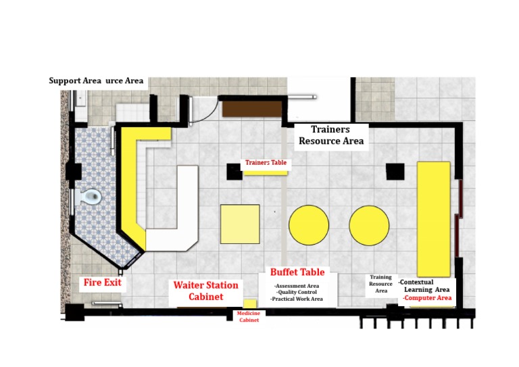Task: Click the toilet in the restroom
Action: pos(91,197)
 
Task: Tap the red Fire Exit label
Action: pos(102,282)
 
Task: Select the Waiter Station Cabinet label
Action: pos(205,291)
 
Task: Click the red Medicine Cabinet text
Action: pos(249,316)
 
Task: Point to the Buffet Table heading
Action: pos(297,272)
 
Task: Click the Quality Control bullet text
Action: pos(298,292)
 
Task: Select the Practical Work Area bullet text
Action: pos(297,299)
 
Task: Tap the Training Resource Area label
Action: pos(380,284)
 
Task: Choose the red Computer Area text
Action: pos(427,297)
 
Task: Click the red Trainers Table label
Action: pos(266,163)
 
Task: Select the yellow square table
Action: pos(240,224)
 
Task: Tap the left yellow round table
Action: pos(309,225)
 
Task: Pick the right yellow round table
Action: pos(369,225)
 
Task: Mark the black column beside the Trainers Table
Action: pos(234,172)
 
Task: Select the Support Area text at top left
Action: pos(74,81)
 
